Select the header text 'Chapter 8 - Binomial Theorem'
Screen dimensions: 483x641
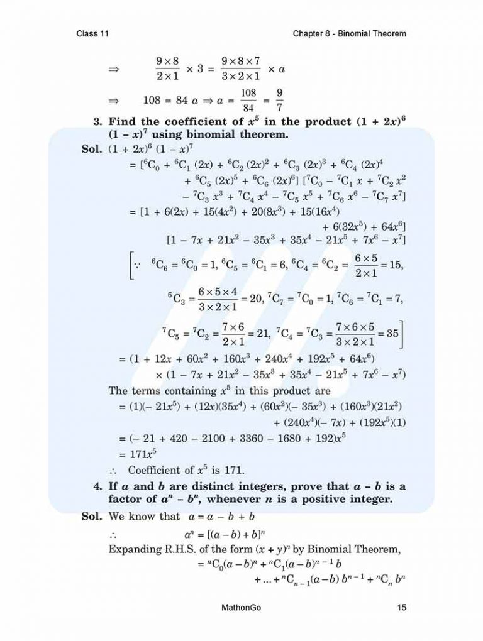[x=349, y=33]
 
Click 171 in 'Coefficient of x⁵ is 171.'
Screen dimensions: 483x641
[x=233, y=470]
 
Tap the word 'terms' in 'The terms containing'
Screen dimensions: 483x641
[x=147, y=391]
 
